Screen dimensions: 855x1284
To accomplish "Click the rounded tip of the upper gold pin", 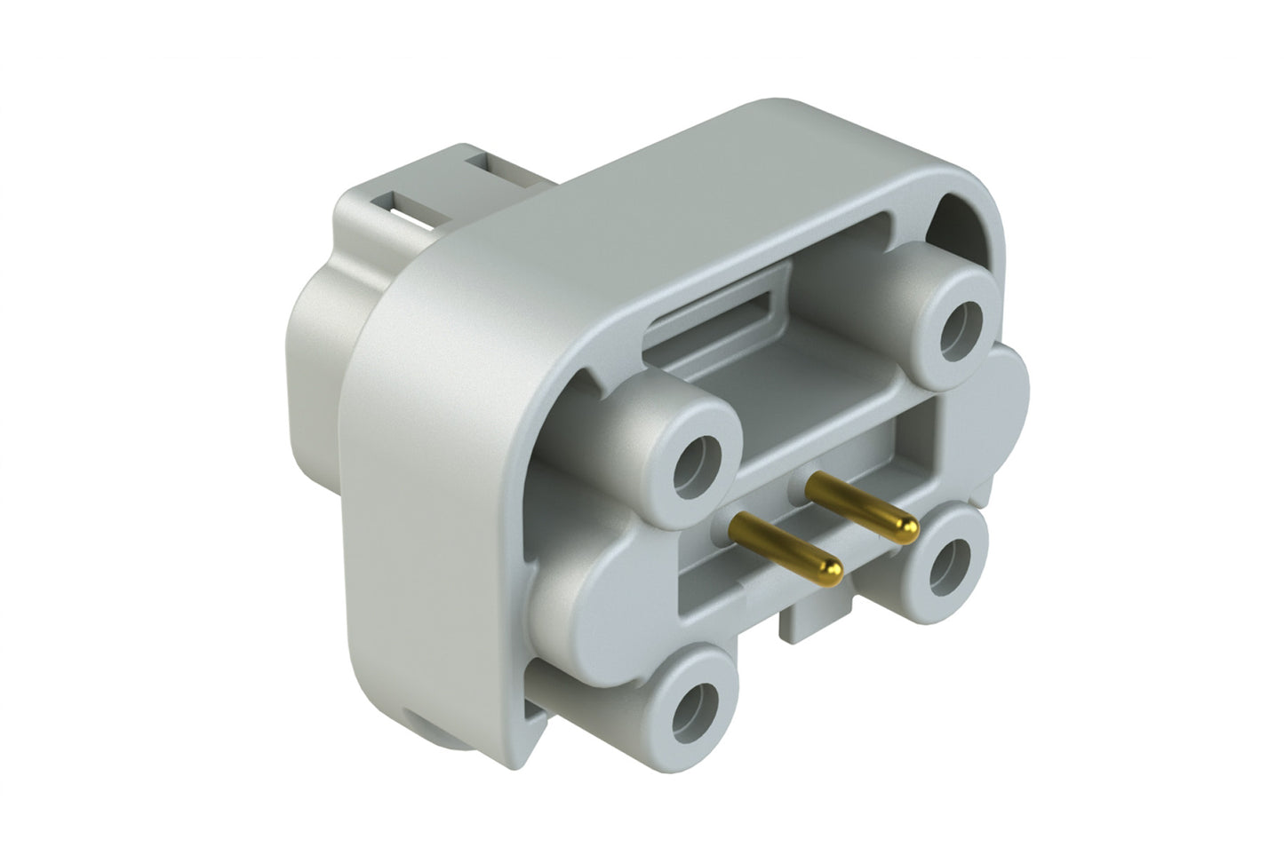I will (x=905, y=531).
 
